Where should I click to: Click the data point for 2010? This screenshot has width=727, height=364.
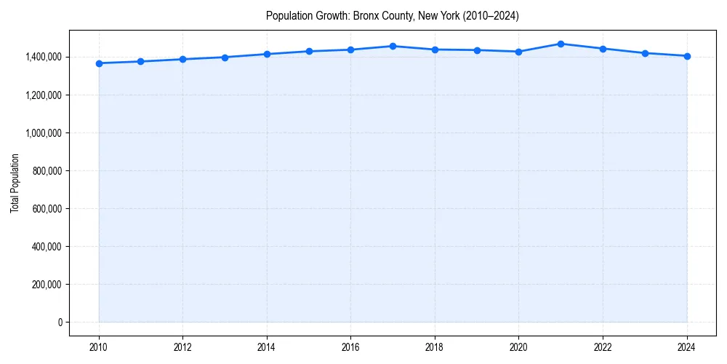(99, 63)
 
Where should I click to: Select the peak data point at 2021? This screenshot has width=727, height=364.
(561, 44)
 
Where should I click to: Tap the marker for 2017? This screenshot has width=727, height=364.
(393, 46)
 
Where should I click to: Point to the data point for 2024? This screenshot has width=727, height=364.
(687, 56)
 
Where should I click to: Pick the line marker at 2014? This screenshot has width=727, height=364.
(267, 54)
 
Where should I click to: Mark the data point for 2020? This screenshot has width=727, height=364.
(518, 52)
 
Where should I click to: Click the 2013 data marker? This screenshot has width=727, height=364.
(225, 58)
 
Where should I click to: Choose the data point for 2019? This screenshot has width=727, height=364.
(477, 50)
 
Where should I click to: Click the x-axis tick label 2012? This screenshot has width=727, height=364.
(182, 347)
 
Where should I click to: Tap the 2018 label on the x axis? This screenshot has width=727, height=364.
(435, 347)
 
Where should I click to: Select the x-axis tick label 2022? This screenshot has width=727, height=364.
(603, 347)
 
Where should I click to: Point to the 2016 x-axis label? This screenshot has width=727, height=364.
(350, 347)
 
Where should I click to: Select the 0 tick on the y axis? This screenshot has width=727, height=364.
(60, 323)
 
